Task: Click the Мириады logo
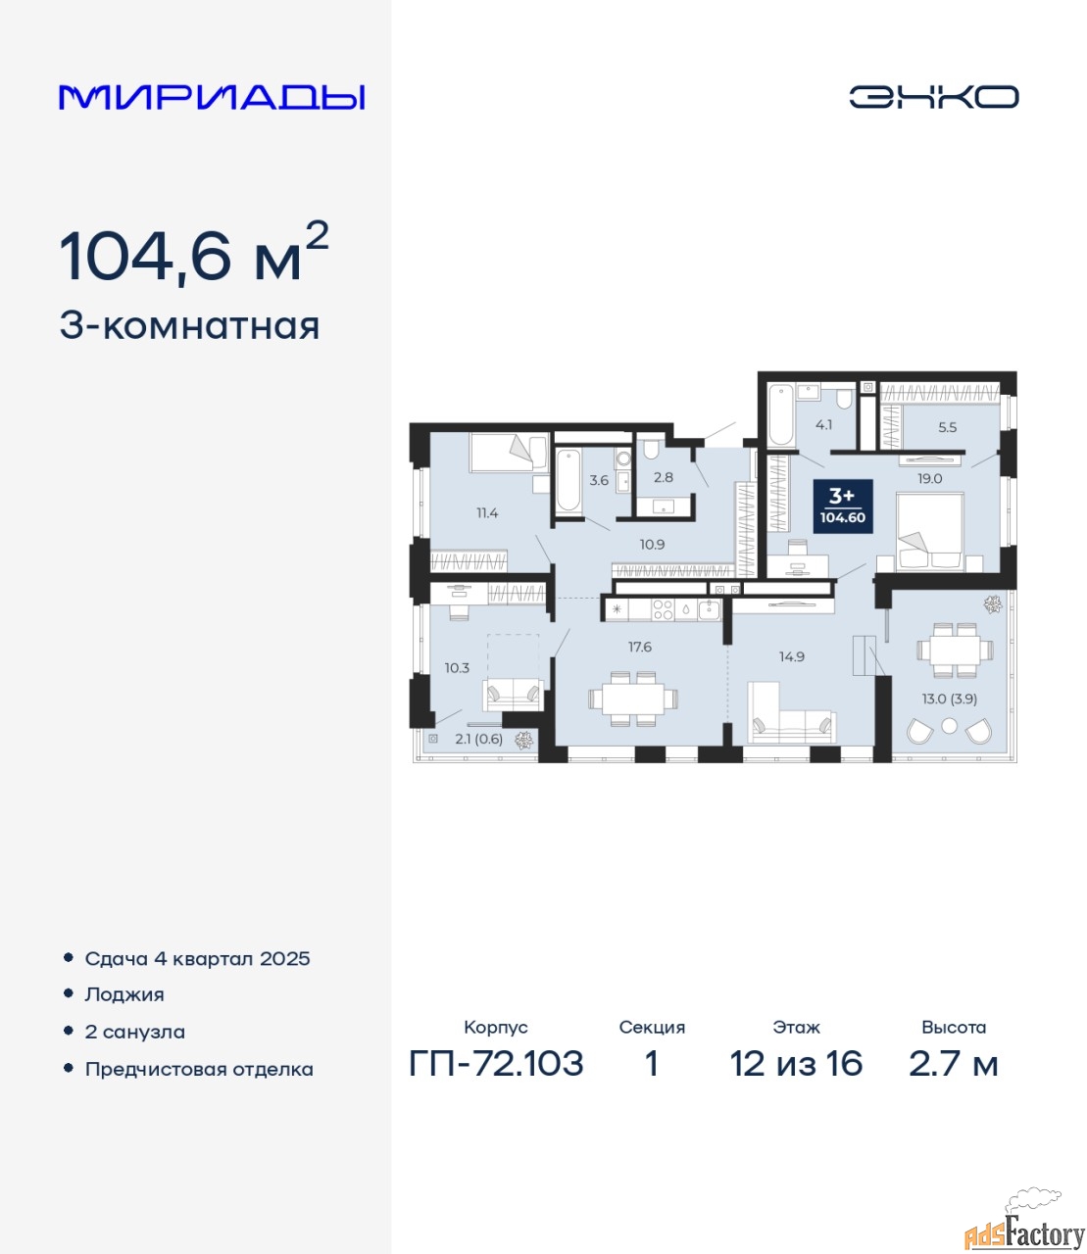(x=212, y=97)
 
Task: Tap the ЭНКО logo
(x=933, y=97)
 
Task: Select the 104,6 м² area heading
(x=194, y=253)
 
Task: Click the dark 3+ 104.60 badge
(x=843, y=506)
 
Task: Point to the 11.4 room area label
(x=487, y=512)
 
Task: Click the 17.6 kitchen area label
(x=640, y=647)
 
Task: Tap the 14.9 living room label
(x=792, y=656)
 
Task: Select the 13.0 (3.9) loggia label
(x=949, y=699)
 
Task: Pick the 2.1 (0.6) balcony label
(x=479, y=739)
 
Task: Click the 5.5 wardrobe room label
(x=947, y=427)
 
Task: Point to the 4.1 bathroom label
(x=823, y=424)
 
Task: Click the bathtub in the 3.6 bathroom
(x=568, y=480)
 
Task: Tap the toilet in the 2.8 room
(x=651, y=450)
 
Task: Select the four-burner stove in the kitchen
(x=663, y=609)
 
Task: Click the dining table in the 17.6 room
(x=633, y=699)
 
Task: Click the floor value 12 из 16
(x=796, y=1064)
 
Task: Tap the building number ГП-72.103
(x=496, y=1064)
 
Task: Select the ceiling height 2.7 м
(x=953, y=1064)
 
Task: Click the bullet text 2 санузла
(x=134, y=1032)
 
